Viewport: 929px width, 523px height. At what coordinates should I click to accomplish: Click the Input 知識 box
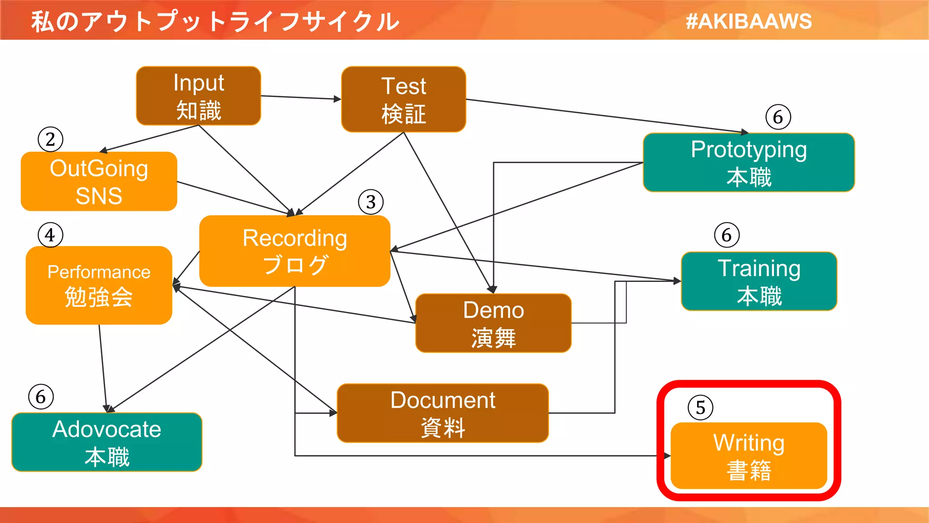(x=198, y=96)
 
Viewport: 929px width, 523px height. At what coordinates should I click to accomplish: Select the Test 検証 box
(x=403, y=99)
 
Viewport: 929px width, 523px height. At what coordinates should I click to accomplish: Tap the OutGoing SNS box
(x=99, y=182)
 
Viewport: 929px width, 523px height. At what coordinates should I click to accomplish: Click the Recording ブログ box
(x=295, y=251)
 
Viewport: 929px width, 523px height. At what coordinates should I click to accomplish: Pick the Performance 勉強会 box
(x=99, y=285)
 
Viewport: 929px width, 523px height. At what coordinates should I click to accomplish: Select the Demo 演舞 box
(x=493, y=323)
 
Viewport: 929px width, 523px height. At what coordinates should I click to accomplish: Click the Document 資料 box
(x=443, y=413)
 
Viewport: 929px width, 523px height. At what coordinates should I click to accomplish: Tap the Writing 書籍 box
(x=748, y=456)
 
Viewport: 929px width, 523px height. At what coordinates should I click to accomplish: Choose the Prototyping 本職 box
(x=748, y=163)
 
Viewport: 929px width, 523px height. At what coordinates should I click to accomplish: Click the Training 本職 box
(x=759, y=281)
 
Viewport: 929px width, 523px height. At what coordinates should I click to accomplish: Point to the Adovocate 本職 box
(x=107, y=442)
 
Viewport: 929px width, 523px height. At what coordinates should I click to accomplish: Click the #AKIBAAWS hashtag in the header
(x=749, y=21)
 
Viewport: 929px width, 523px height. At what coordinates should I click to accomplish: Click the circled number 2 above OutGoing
(x=50, y=139)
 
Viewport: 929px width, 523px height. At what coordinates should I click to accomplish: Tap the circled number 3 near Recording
(x=371, y=202)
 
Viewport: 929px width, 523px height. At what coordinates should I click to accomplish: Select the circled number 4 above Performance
(x=50, y=235)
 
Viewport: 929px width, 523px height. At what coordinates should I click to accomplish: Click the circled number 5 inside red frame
(x=700, y=408)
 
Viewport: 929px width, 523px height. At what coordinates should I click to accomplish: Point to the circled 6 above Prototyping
(x=778, y=117)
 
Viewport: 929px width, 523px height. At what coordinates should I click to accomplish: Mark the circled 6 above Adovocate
(x=41, y=397)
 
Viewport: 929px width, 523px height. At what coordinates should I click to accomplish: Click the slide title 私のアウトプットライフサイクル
(x=215, y=21)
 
